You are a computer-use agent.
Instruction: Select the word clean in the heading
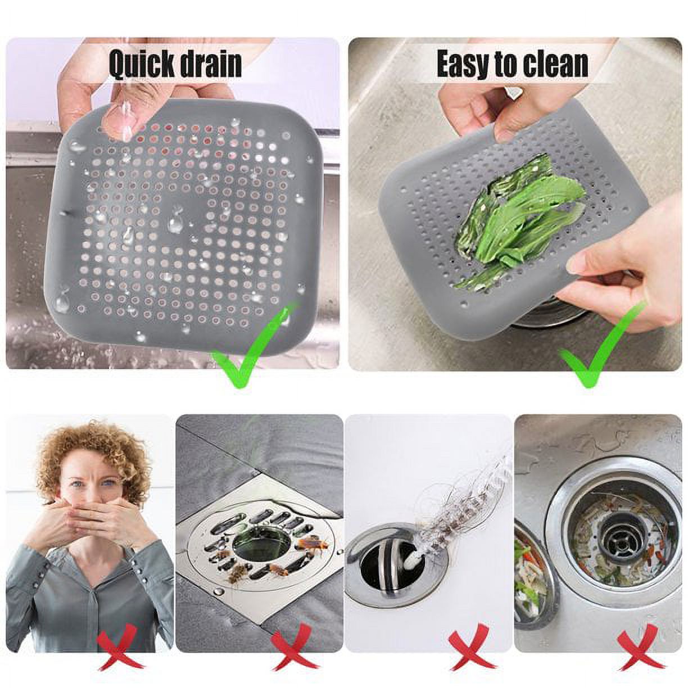(x=556, y=65)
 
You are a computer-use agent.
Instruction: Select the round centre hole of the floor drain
(x=253, y=541)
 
